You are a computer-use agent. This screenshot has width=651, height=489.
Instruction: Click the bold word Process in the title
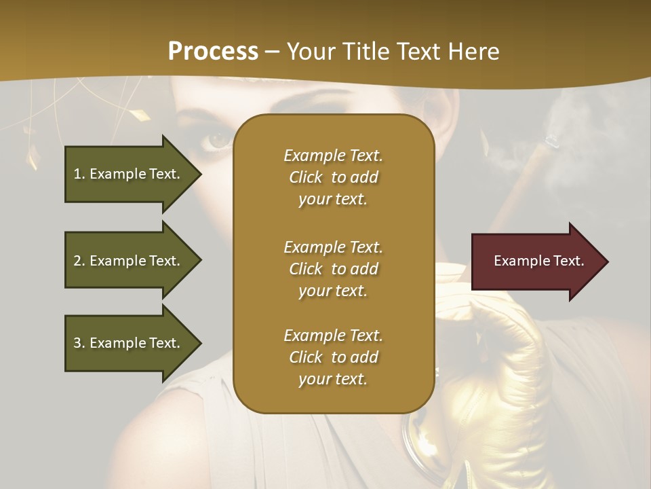[213, 52]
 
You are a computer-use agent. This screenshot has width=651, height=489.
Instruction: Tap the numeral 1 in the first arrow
[77, 174]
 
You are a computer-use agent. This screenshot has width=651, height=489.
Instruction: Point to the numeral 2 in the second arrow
[77, 261]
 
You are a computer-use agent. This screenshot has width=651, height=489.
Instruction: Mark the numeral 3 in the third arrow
[77, 343]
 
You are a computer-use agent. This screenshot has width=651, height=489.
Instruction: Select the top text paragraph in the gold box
[333, 177]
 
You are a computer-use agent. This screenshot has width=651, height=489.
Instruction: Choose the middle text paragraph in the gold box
[333, 269]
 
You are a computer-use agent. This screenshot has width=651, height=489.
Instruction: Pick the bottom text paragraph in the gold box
[333, 357]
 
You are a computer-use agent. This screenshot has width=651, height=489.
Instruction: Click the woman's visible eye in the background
[218, 139]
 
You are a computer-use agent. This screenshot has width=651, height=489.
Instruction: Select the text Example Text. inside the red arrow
[539, 261]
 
